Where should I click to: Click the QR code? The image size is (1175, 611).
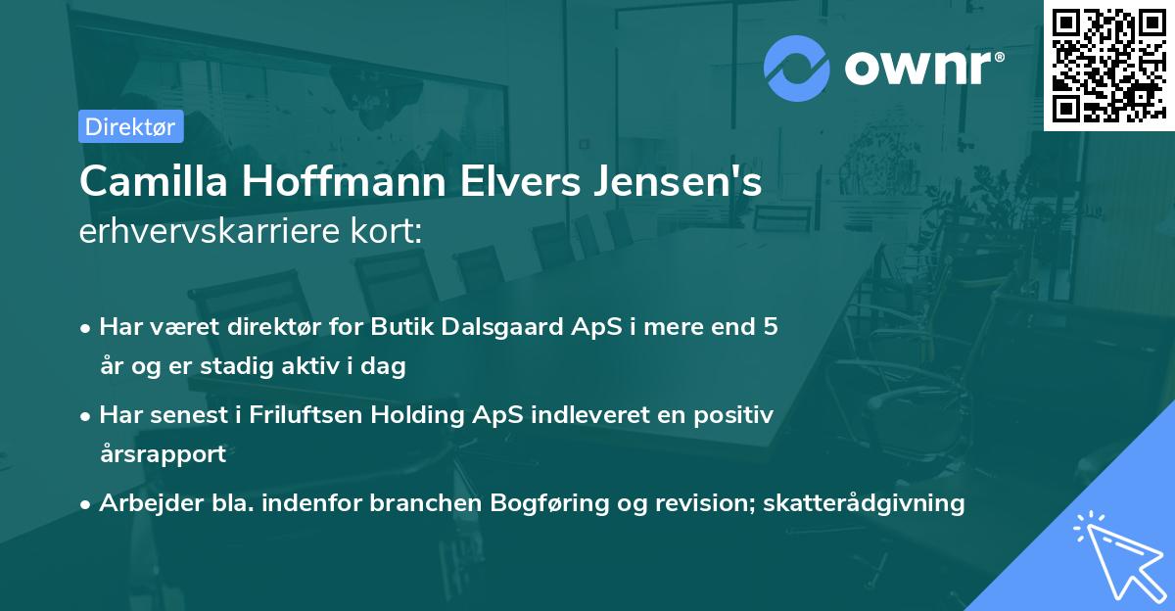click(1108, 66)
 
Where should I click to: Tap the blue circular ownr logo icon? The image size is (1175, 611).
click(797, 68)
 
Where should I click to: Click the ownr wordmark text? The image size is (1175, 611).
click(924, 68)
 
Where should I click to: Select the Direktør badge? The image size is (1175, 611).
click(130, 126)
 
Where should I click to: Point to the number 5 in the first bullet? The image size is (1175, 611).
click(771, 327)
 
